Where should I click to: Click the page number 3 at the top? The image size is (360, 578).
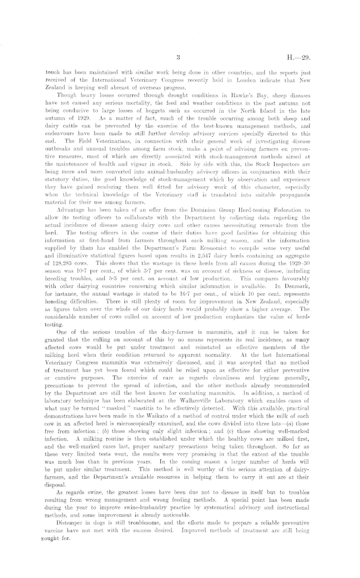coord(176,58)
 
